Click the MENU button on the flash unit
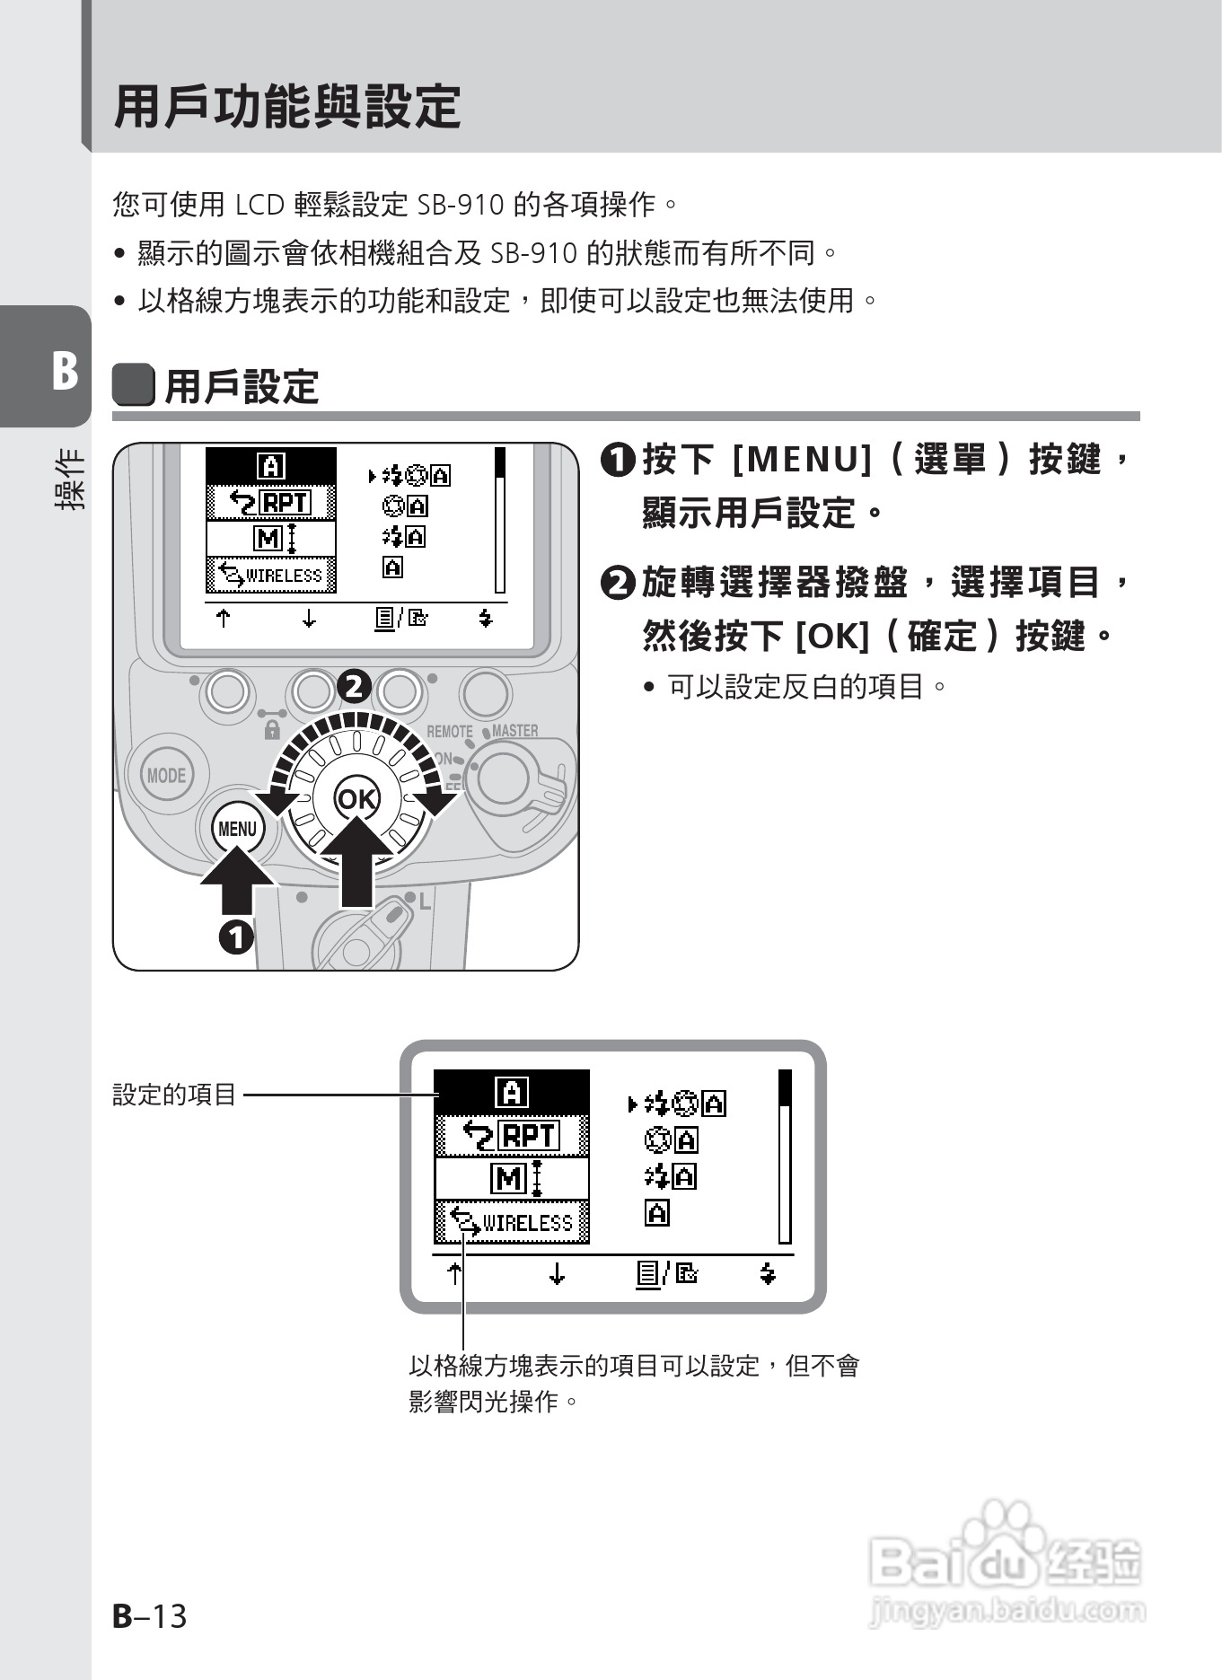237,828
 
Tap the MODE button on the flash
166,775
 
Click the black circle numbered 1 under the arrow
237,937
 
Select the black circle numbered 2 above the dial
353,687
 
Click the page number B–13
149,1616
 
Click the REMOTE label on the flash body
449,732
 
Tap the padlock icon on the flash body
272,731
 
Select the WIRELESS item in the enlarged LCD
512,1223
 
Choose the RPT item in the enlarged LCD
512,1136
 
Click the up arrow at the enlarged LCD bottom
454,1273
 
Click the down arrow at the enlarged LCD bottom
557,1273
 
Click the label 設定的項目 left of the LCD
174,1095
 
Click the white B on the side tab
64,370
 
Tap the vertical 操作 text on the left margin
70,479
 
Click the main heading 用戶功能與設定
287,107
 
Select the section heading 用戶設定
241,387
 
